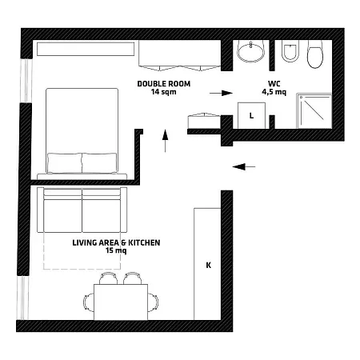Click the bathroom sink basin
tap(251, 53)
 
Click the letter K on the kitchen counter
tap(208, 264)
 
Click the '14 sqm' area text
tap(162, 91)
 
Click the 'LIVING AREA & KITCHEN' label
tap(116, 242)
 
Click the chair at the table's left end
tap(89, 302)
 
